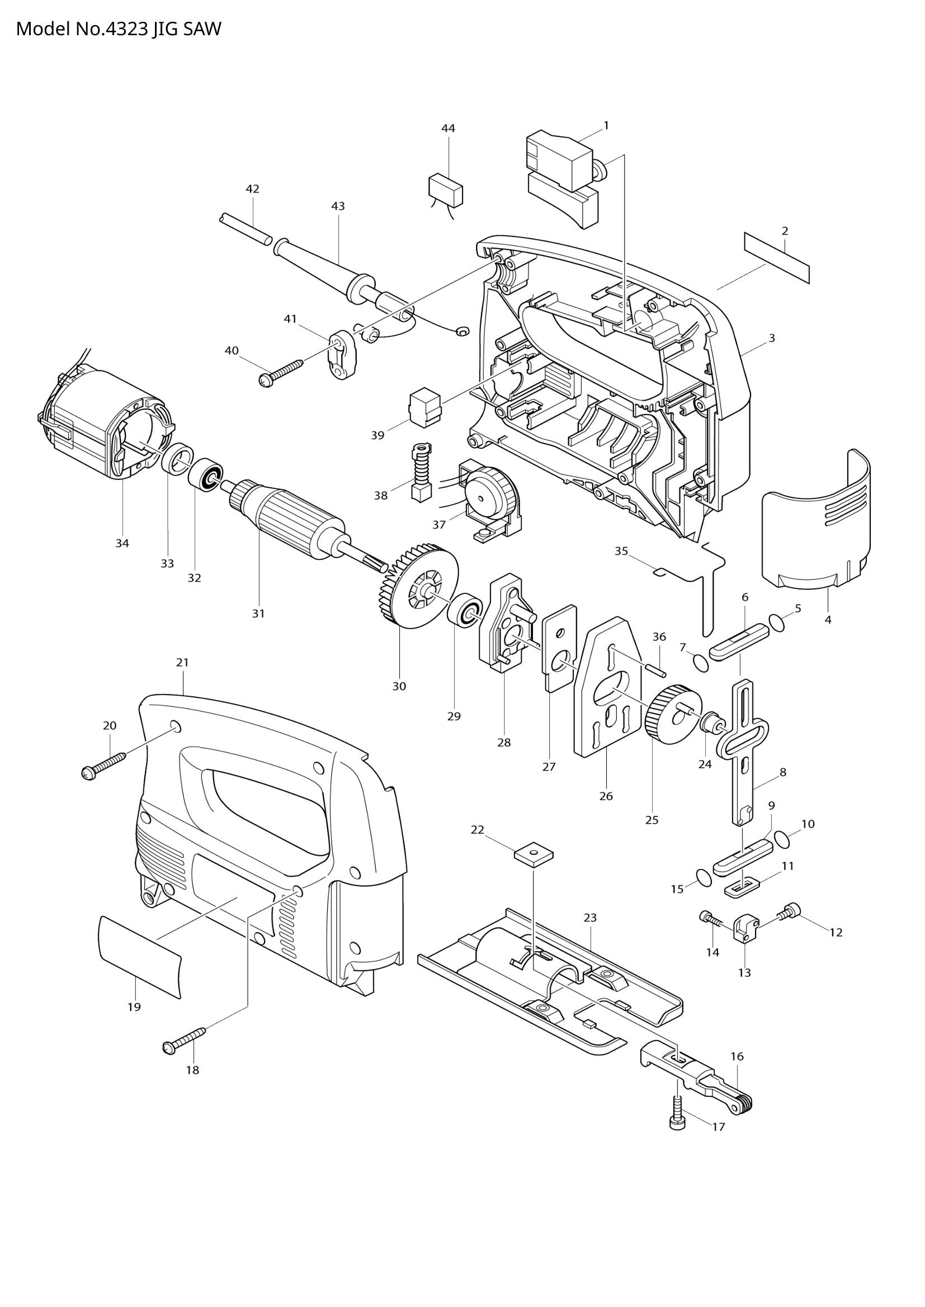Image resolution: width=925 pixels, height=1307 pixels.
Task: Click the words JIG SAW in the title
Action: (186, 28)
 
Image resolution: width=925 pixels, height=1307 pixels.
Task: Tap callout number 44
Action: (449, 129)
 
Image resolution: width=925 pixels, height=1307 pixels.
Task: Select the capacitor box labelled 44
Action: (445, 189)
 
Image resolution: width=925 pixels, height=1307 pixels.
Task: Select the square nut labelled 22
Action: (534, 854)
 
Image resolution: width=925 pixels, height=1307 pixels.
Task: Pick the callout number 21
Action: (182, 662)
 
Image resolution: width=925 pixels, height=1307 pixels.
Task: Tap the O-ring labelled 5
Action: (776, 621)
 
